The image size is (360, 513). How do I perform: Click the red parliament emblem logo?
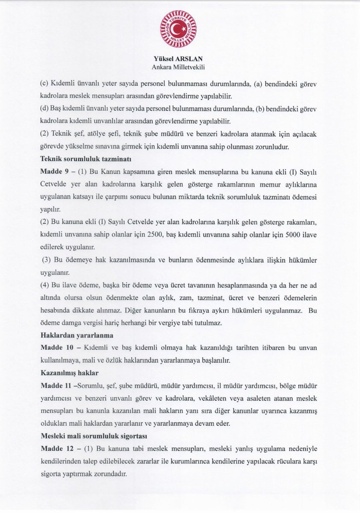coord(178,29)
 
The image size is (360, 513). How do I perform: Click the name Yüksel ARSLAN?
coord(178,59)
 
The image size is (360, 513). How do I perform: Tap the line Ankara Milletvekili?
coord(178,67)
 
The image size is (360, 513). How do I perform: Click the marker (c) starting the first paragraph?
coord(44,83)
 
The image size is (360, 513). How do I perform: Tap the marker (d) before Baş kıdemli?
coord(44,109)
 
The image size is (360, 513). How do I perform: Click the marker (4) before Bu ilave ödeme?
coord(44,285)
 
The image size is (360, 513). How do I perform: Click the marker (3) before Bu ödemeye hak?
coord(46,260)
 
